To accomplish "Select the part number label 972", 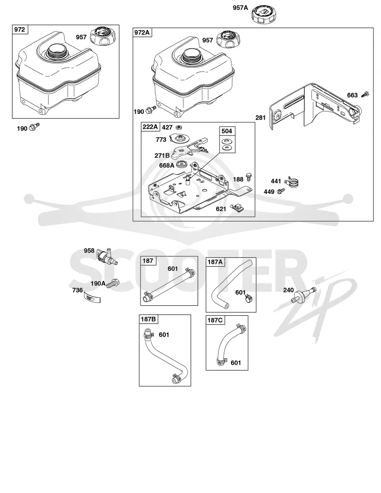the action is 20,30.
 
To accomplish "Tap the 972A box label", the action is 142,32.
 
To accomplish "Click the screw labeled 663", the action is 366,94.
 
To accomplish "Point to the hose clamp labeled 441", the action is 292,182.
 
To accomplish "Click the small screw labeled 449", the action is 281,191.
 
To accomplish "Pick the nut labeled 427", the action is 180,127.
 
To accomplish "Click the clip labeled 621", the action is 237,208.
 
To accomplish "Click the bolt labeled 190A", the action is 112,283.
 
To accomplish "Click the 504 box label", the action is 227,131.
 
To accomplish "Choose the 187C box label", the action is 215,320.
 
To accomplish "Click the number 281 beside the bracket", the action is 261,118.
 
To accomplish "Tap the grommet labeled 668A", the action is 181,164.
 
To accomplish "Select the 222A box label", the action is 150,127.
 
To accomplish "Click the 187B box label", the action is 149,319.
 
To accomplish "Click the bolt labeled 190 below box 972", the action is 34,127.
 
